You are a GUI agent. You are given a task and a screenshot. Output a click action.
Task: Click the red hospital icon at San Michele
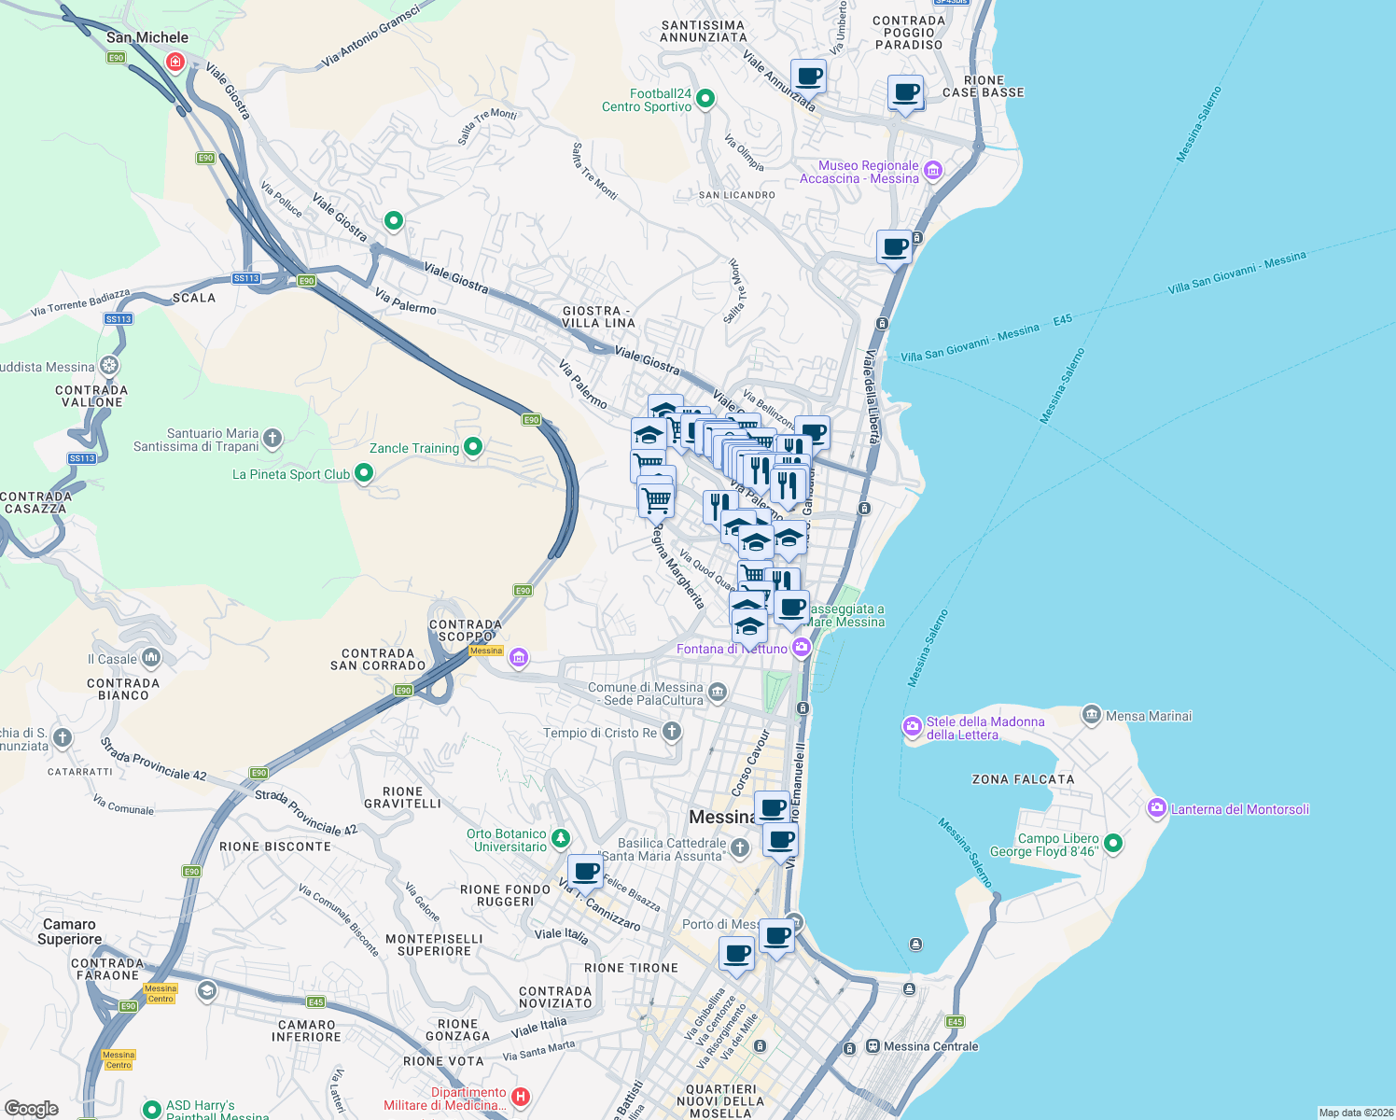[174, 62]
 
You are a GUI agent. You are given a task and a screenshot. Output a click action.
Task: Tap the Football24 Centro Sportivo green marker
[705, 98]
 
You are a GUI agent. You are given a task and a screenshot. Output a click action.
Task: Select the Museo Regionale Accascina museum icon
[932, 171]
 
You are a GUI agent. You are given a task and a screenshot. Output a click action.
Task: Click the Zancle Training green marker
[473, 447]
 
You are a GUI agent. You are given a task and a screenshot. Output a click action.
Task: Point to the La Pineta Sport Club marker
[364, 473]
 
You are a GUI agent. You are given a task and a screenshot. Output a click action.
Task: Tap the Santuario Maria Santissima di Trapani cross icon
[272, 438]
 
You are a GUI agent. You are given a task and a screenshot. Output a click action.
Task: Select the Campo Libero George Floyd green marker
[1112, 844]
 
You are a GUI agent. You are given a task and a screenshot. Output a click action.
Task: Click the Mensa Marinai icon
[1091, 715]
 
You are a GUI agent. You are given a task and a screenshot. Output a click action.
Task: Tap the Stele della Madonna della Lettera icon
[912, 727]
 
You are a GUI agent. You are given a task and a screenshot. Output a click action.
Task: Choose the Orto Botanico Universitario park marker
[560, 839]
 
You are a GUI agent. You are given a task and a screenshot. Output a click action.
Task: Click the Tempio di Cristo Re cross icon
[671, 732]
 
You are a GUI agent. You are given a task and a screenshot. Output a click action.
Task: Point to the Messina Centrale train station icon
[872, 1046]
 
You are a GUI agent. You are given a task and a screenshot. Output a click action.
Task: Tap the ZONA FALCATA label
[1023, 779]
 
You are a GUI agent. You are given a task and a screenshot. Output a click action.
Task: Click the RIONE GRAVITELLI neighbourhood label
[402, 797]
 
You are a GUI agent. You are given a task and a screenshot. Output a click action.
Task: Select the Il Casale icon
[151, 658]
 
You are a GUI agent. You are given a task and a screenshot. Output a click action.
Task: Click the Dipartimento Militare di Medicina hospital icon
[521, 1097]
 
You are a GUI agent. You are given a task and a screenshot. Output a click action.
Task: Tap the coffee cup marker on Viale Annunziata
[808, 77]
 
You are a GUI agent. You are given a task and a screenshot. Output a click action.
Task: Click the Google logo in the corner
[31, 1108]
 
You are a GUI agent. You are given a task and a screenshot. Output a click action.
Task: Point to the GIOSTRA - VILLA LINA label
[598, 316]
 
